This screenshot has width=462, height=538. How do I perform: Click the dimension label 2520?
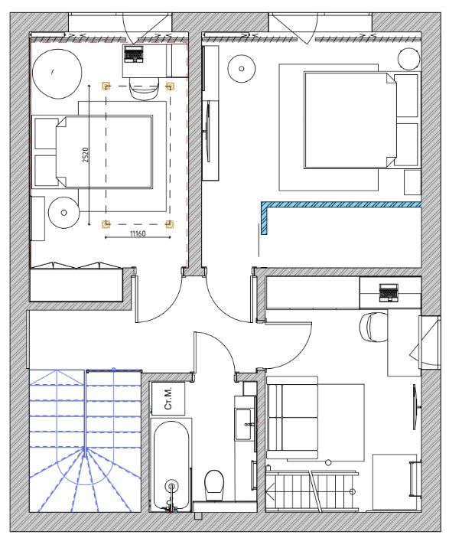(86, 155)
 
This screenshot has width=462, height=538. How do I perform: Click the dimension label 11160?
(138, 233)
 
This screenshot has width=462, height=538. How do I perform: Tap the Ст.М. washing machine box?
(168, 399)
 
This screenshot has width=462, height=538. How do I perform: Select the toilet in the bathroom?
(214, 485)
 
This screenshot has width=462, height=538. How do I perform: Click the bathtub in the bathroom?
(171, 465)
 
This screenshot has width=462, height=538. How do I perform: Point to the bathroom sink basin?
(244, 425)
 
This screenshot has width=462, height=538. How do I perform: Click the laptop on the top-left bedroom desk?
(133, 54)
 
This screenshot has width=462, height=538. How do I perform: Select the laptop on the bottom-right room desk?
(389, 292)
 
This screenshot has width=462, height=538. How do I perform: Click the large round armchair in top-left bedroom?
(57, 73)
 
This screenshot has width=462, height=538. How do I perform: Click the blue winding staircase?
(85, 441)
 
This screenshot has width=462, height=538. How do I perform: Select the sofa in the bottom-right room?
(292, 417)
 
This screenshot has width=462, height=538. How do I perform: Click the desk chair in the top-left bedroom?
(145, 89)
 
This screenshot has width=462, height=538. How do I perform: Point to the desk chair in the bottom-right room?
(373, 327)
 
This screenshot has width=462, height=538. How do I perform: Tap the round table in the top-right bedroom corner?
(408, 59)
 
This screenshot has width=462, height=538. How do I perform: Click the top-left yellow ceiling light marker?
(106, 86)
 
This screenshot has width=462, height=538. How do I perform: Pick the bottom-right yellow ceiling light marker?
(170, 224)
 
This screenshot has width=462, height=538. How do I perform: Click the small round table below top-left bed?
(63, 213)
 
